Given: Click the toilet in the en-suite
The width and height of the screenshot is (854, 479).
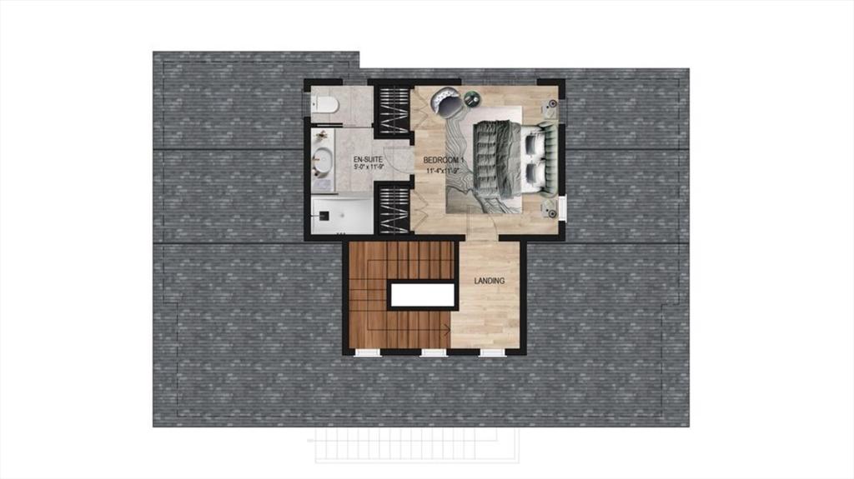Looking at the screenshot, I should click(325, 104).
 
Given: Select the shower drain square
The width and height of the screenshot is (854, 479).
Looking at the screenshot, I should click(323, 216).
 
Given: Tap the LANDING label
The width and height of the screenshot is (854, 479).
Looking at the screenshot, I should click(489, 281).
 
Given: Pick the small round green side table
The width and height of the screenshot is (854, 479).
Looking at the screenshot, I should click(471, 98).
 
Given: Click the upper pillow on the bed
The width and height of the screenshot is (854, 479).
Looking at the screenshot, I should click(531, 143).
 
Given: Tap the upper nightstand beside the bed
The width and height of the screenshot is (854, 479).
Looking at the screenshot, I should click(550, 104).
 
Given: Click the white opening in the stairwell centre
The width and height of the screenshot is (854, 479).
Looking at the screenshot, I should click(422, 296).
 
